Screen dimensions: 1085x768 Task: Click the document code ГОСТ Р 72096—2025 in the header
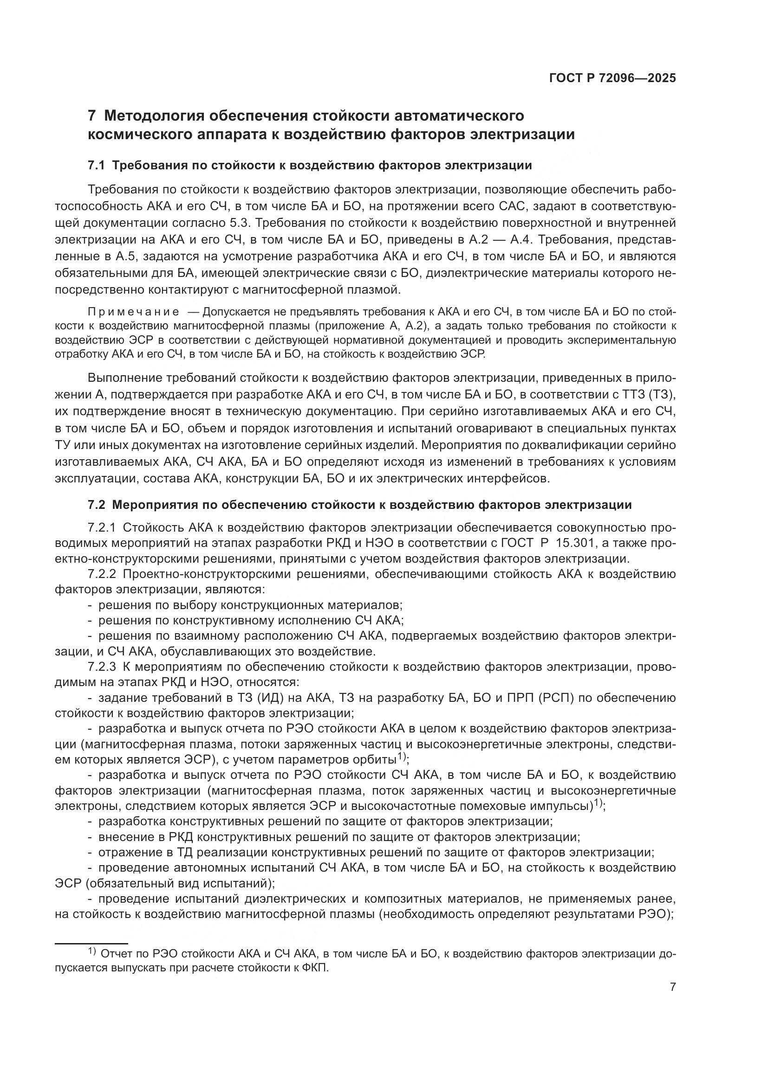coord(612,78)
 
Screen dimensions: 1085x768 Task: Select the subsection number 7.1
coord(97,166)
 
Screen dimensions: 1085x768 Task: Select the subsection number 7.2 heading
coord(97,505)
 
